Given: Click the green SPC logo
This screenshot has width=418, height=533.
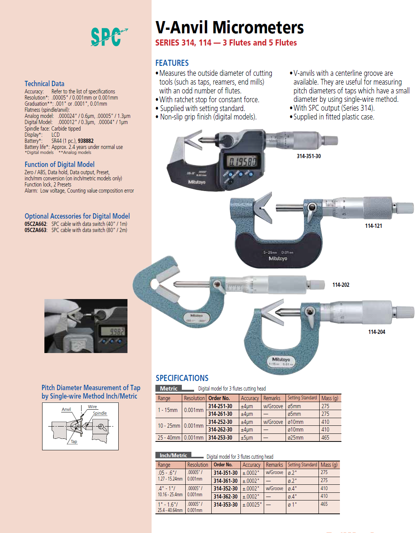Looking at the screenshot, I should (x=108, y=37).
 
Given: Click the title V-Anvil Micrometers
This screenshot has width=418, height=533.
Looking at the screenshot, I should (x=229, y=28).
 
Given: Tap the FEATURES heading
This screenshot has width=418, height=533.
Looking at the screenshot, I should (x=172, y=63).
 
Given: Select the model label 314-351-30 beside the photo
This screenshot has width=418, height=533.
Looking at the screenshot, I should (x=309, y=156).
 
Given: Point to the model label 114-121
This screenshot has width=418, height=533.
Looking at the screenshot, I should (x=373, y=226).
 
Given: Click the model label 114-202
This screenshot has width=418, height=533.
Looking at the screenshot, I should (x=341, y=285).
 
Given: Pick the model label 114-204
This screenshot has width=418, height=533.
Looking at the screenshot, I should (x=376, y=332).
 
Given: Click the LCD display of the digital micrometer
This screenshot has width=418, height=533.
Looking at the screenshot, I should (x=242, y=162).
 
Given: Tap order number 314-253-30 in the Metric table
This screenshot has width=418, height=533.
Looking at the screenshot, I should (x=220, y=438).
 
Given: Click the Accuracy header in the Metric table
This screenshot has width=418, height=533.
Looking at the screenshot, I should (x=250, y=398).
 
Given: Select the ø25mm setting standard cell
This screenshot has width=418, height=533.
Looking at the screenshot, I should (x=296, y=438).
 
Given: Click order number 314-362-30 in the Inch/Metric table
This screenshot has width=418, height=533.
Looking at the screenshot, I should (x=225, y=497).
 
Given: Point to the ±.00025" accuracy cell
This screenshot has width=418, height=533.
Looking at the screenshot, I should (x=252, y=505).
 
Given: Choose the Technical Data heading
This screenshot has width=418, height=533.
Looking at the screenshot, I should (x=44, y=83).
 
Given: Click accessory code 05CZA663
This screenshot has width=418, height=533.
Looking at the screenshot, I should (x=36, y=230).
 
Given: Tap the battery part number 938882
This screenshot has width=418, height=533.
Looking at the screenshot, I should (x=85, y=141).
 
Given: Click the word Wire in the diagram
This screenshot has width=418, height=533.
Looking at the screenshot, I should (x=92, y=407).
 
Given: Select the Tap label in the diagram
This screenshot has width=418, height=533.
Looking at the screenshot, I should (x=74, y=441).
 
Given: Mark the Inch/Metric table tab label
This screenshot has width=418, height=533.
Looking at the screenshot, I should (x=173, y=455).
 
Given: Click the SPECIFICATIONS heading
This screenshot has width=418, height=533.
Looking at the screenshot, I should (x=182, y=378).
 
